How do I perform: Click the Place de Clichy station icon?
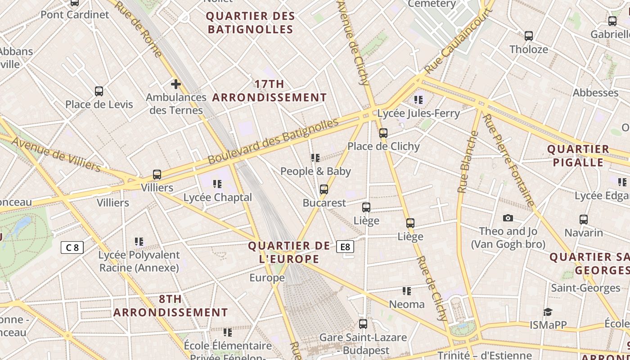click(x=383, y=133)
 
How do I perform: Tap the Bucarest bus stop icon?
click(x=324, y=189)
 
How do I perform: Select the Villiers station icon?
click(x=157, y=175)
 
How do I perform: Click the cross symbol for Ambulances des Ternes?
click(x=175, y=84)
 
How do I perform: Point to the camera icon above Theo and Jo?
click(x=508, y=218)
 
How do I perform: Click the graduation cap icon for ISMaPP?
click(x=547, y=312)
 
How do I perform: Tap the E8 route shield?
click(x=345, y=247)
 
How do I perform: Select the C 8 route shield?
click(x=72, y=247)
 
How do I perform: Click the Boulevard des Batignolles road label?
click(x=273, y=141)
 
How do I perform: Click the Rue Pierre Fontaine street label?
click(x=508, y=160)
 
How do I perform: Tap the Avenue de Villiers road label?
click(x=56, y=154)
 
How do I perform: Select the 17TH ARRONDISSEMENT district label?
click(x=269, y=90)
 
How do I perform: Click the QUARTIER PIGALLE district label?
click(x=578, y=156)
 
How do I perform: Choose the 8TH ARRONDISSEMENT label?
click(x=171, y=306)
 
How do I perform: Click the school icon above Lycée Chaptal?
click(x=217, y=184)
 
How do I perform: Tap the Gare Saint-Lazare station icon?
click(x=363, y=324)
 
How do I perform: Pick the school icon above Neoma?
click(x=407, y=291)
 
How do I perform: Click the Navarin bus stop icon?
click(x=583, y=220)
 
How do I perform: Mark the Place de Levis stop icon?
click(x=99, y=91)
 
